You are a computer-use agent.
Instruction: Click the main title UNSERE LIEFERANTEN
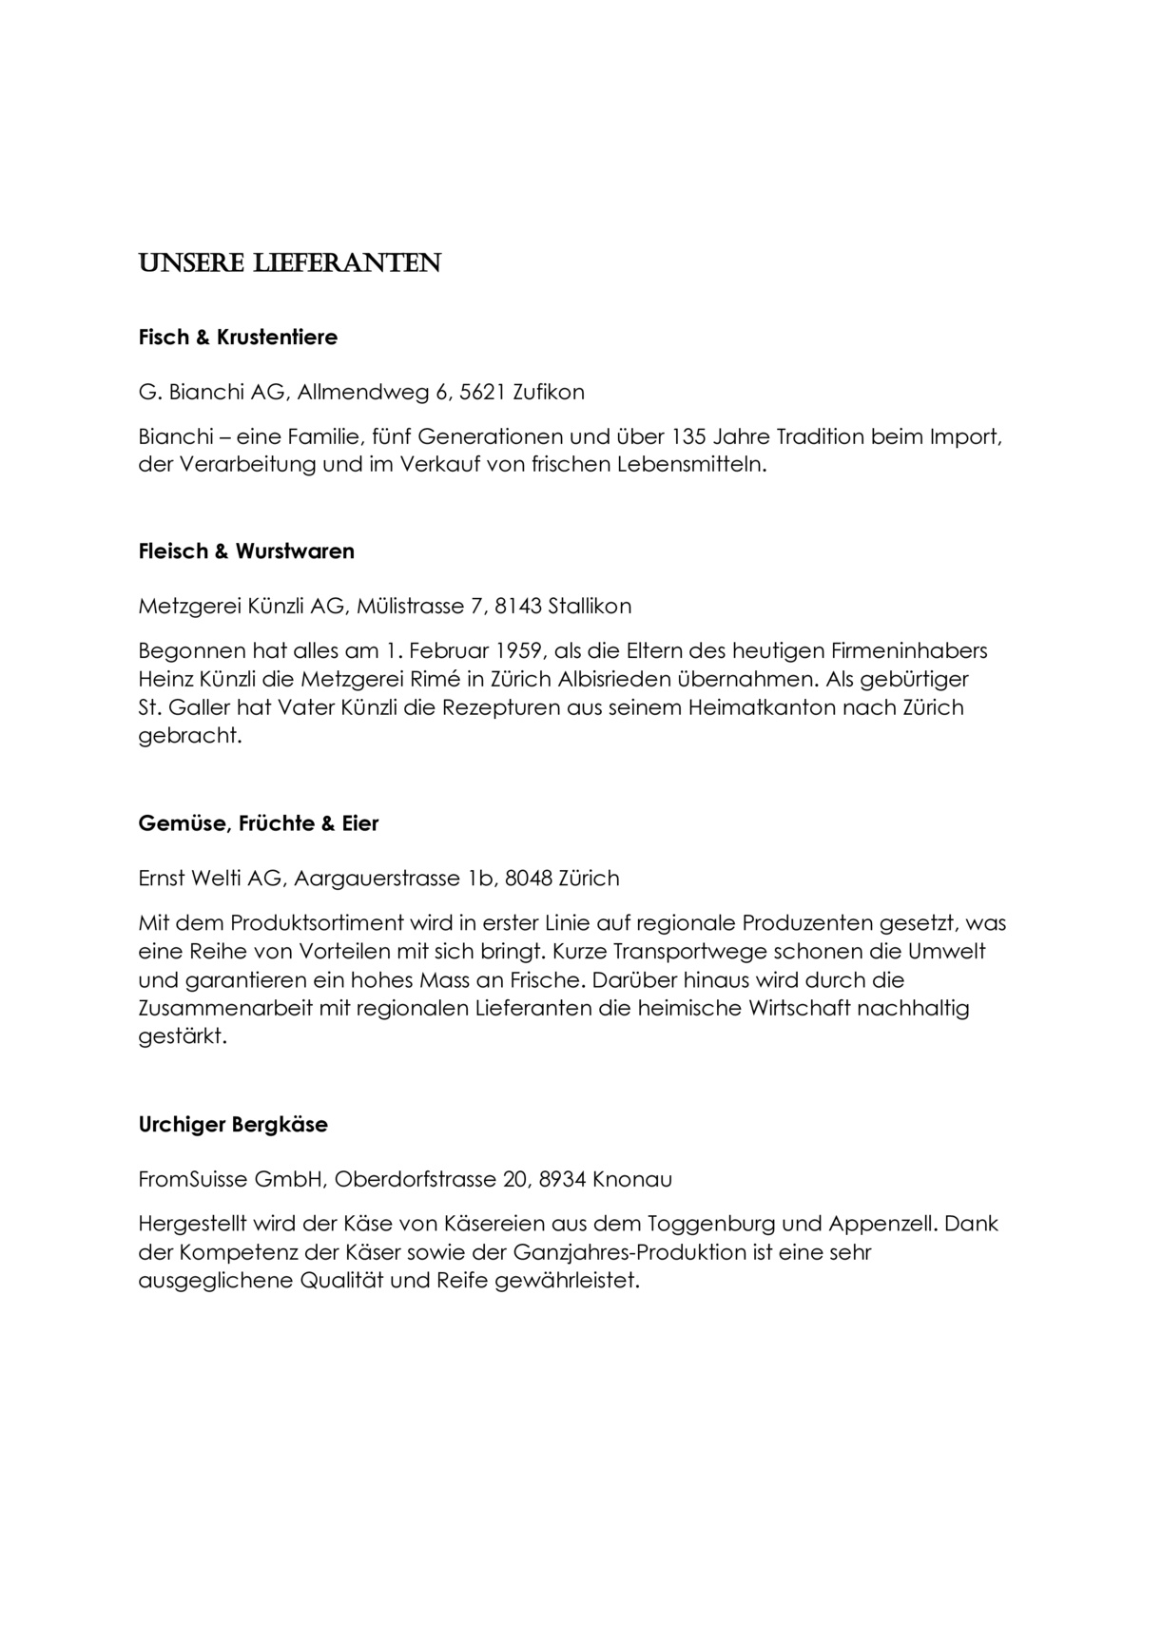tap(289, 263)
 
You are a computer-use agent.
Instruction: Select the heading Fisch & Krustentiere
tap(238, 337)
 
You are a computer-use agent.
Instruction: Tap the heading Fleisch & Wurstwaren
tap(246, 551)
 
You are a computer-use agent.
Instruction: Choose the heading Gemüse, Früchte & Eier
tap(259, 823)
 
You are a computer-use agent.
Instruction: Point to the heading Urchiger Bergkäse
tap(233, 1125)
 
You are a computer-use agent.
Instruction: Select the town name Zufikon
tap(549, 392)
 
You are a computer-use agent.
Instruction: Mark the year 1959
tap(513, 651)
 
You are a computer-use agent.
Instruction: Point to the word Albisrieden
tap(588, 680)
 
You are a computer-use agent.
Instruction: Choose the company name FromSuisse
tap(192, 1179)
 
